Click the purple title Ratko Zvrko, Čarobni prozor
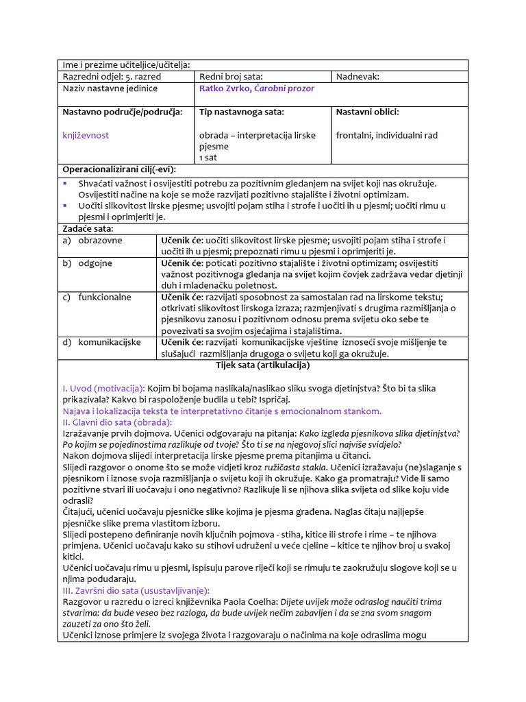257,88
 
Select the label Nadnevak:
358,77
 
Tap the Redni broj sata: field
231,77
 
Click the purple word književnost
86,135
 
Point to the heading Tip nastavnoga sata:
241,112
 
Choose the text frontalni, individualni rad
386,135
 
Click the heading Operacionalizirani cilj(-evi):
119,169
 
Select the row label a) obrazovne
92,241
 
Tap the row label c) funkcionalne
97,298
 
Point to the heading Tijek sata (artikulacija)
262,365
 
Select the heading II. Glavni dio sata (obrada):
117,422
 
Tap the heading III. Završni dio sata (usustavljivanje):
136,590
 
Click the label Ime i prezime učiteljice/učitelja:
126,65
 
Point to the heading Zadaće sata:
88,228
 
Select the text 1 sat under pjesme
207,158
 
